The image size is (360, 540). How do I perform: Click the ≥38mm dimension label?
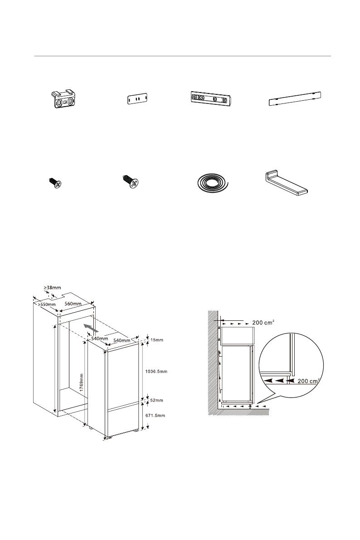(x=52, y=287)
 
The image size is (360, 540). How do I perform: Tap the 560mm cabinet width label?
(x=73, y=304)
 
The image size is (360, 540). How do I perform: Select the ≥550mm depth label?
(x=46, y=304)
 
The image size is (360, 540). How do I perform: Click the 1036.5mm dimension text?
(x=155, y=372)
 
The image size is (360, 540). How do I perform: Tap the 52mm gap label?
(x=156, y=400)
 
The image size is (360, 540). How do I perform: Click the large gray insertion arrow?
(x=90, y=328)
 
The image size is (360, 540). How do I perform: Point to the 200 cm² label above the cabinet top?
(x=263, y=322)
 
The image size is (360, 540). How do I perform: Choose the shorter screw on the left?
(x=55, y=183)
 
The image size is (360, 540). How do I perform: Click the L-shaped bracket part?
(x=287, y=185)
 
